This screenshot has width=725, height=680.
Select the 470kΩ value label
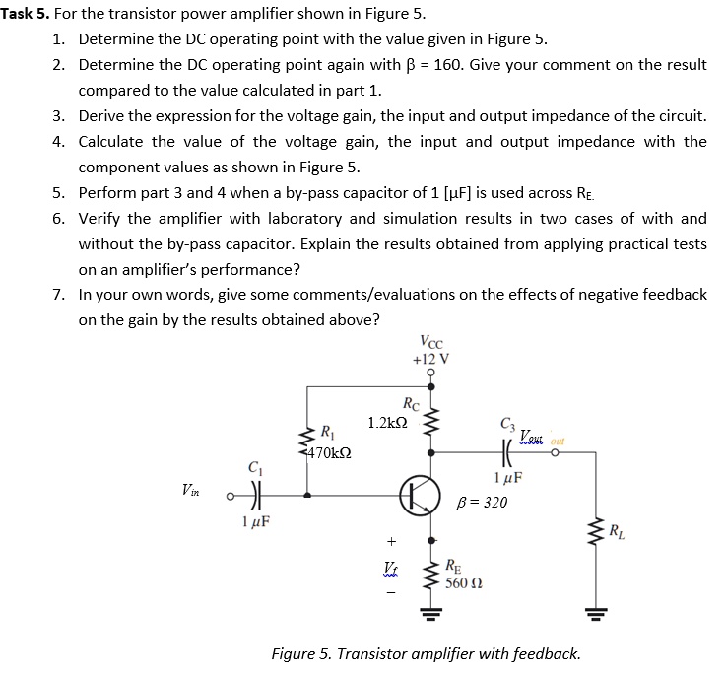pos(331,453)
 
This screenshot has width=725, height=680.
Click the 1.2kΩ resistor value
pos(386,423)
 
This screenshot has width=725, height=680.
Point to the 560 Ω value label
pos(462,582)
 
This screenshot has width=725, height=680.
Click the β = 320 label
pos(484,502)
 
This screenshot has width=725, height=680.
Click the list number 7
pos(58,295)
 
